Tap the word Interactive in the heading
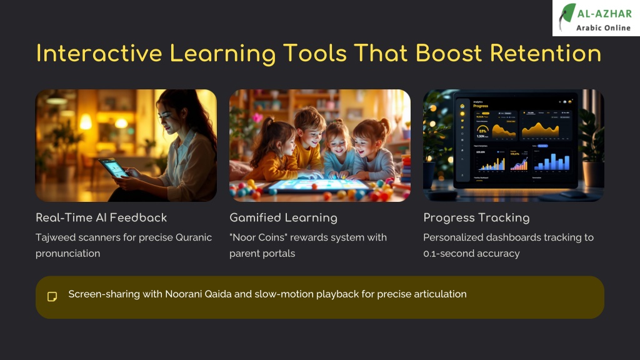pos(93,53)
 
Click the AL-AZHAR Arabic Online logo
pos(596,18)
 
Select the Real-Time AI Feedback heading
pos(101,217)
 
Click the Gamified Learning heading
pos(283,217)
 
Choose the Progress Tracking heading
pos(476,217)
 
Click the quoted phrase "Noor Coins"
pos(255,237)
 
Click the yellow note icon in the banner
pos(52,296)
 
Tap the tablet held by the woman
pos(112,167)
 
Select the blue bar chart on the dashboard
pos(548,161)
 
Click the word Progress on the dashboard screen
pos(481,106)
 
